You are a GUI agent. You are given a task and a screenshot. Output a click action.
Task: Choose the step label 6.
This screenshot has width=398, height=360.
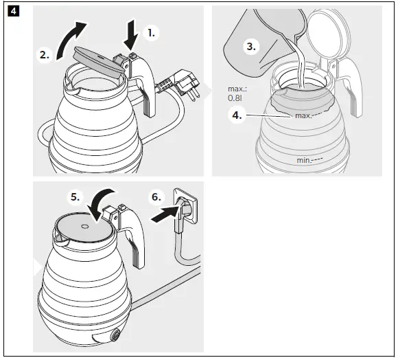(157, 197)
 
